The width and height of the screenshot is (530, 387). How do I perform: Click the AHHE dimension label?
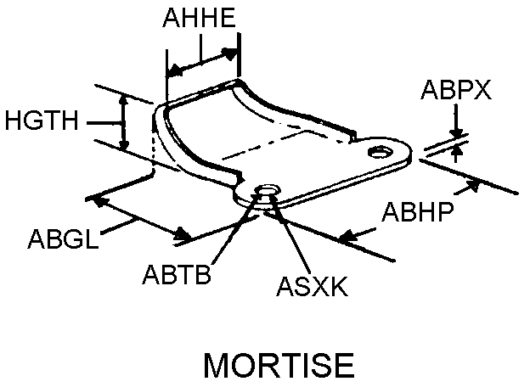point(200,20)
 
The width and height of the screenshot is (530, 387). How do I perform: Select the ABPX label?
point(456,91)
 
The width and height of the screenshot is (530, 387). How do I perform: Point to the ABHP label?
point(417,210)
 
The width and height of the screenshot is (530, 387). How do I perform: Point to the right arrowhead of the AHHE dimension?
point(229,53)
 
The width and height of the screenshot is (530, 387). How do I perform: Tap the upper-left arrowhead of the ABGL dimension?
point(98,200)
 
